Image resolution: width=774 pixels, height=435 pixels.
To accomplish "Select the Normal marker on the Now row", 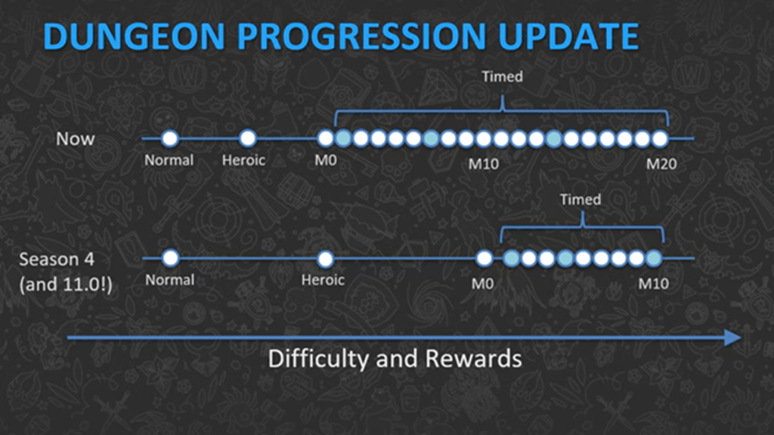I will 170,138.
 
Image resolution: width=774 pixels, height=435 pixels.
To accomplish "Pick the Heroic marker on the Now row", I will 248,138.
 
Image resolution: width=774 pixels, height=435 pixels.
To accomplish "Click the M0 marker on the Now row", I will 325,138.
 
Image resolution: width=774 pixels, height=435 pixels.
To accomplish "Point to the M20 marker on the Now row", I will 660,138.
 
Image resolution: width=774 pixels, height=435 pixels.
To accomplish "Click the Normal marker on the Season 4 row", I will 170,258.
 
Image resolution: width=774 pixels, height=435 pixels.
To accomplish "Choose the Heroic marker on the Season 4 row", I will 325,258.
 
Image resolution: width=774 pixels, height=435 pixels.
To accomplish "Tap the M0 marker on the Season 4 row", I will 485,258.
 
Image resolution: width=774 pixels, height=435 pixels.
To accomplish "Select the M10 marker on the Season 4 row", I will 654,258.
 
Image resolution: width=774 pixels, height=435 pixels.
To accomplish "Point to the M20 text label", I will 661,162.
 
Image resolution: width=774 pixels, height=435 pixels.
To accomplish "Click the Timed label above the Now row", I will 503,77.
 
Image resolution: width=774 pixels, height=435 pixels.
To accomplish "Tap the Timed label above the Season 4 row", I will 580,199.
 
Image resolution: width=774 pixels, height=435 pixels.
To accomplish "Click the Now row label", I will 76,139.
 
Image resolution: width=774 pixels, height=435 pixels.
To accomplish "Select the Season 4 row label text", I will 59,259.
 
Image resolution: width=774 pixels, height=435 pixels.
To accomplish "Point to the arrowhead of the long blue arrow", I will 732,338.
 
